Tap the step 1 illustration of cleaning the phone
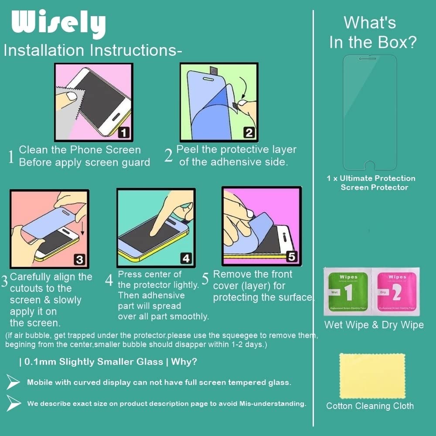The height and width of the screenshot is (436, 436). pyautogui.click(x=93, y=102)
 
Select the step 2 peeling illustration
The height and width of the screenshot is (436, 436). pyautogui.click(x=219, y=102)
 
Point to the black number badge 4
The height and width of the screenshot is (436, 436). pyautogui.click(x=186, y=258)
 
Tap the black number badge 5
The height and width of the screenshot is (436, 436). pyautogui.click(x=292, y=257)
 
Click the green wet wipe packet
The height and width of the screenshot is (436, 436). pyautogui.click(x=347, y=291)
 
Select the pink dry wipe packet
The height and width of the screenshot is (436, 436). pyautogui.click(x=396, y=291)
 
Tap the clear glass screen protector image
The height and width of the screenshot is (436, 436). pyautogui.click(x=371, y=112)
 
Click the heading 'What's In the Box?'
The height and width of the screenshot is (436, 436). pyautogui.click(x=373, y=32)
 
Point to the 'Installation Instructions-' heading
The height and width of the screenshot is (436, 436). pyautogui.click(x=92, y=50)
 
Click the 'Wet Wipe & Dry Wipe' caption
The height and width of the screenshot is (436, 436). pyautogui.click(x=374, y=325)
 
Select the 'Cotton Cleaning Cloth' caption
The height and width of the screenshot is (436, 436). pyautogui.click(x=370, y=406)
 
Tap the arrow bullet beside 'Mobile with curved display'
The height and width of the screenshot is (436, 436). pyautogui.click(x=14, y=382)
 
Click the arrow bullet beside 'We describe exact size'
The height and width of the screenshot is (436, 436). pyautogui.click(x=14, y=403)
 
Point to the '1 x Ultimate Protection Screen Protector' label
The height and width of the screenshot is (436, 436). pyautogui.click(x=371, y=183)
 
